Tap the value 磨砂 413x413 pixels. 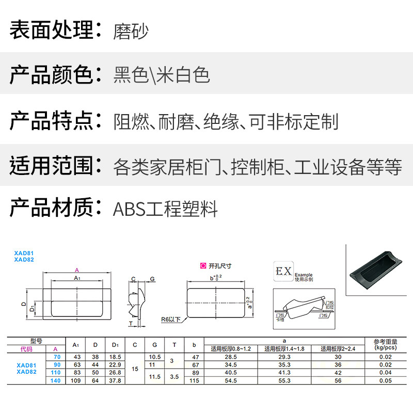[131, 31]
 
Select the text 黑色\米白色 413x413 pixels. [162, 75]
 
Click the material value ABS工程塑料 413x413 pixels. [165, 209]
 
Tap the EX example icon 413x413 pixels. [283, 271]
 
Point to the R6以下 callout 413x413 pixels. [171, 319]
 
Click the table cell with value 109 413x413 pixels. [76, 380]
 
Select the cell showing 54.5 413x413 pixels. [231, 380]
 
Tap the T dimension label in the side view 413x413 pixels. [131, 324]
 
